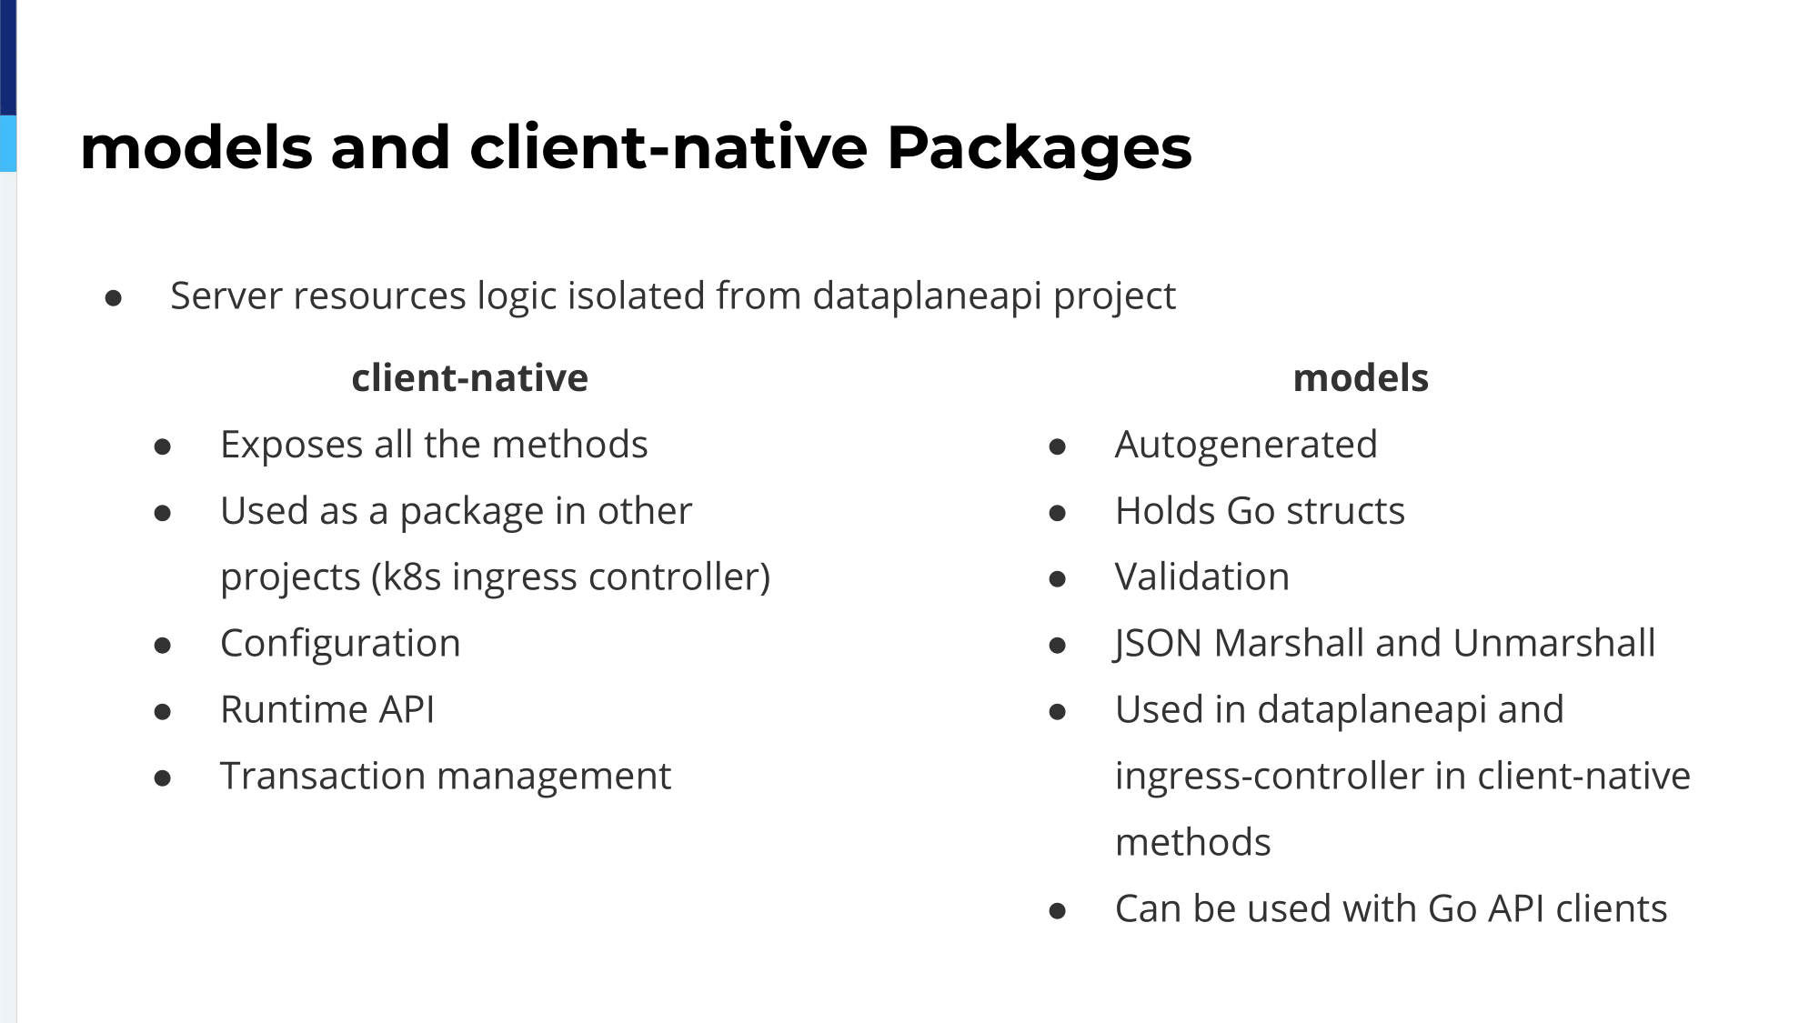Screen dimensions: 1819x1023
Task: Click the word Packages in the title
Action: point(1039,148)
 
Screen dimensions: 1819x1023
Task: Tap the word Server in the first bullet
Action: point(226,296)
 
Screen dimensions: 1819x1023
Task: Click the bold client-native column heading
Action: point(469,378)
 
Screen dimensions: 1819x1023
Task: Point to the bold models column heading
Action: point(1361,378)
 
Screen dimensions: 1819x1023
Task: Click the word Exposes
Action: point(291,446)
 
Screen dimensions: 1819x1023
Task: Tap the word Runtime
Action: point(293,710)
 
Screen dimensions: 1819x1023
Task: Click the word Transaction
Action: point(323,777)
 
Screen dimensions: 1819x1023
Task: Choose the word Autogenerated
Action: point(1246,446)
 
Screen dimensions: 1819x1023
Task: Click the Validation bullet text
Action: point(1202,577)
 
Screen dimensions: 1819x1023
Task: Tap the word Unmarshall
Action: point(1554,644)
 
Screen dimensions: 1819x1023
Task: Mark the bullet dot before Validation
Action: point(1057,579)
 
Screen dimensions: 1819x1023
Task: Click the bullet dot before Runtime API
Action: point(163,712)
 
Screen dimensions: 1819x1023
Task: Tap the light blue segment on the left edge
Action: point(8,144)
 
